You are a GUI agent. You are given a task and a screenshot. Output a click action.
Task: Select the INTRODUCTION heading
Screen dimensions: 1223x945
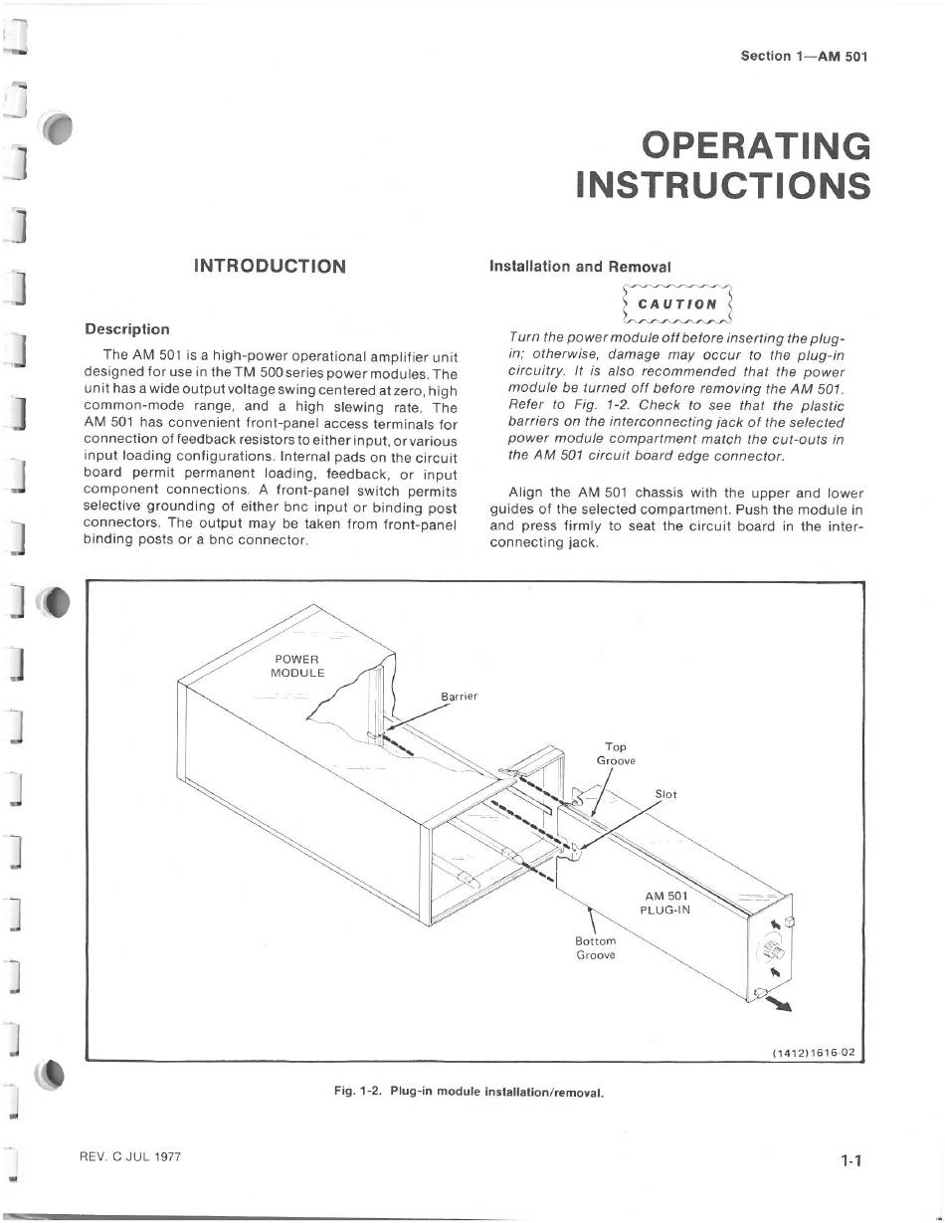[x=270, y=266]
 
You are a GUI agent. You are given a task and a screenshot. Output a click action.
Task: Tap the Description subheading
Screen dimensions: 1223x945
[x=127, y=329]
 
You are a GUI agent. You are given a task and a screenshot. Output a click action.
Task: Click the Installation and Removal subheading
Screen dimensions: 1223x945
[x=580, y=267]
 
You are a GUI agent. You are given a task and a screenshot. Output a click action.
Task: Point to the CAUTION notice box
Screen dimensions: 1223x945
[x=676, y=304]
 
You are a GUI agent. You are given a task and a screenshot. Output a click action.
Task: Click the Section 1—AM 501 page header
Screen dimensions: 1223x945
[x=804, y=56]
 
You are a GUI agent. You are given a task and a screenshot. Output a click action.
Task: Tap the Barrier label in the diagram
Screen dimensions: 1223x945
[x=459, y=696]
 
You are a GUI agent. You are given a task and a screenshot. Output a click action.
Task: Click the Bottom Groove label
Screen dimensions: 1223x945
[x=596, y=947]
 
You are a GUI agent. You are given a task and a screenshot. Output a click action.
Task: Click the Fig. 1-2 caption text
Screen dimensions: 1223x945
[x=469, y=1091]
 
